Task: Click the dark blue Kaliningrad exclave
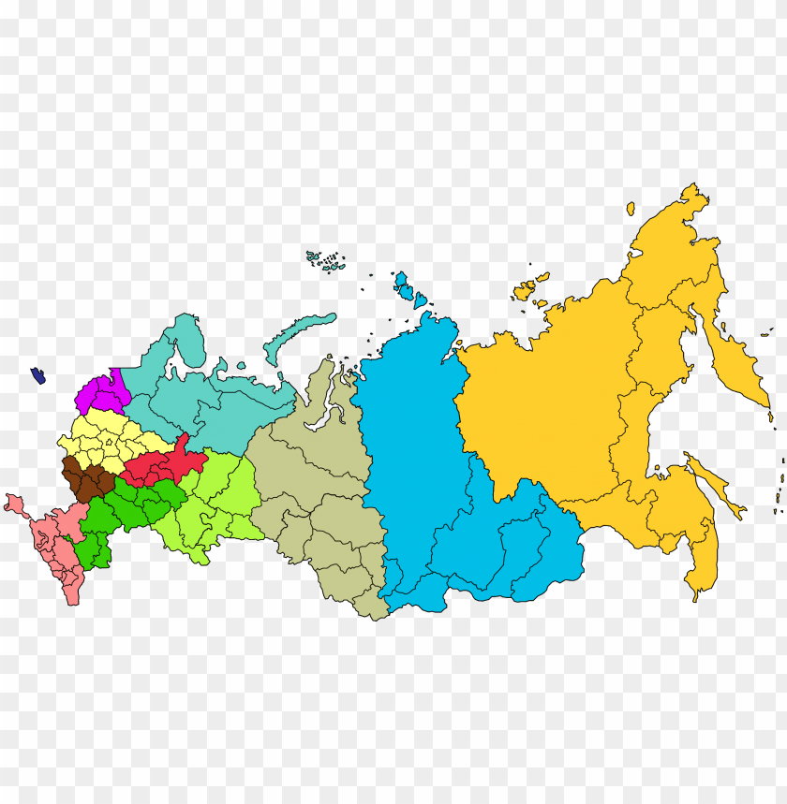click(38, 375)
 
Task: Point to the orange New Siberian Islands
click(530, 287)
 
